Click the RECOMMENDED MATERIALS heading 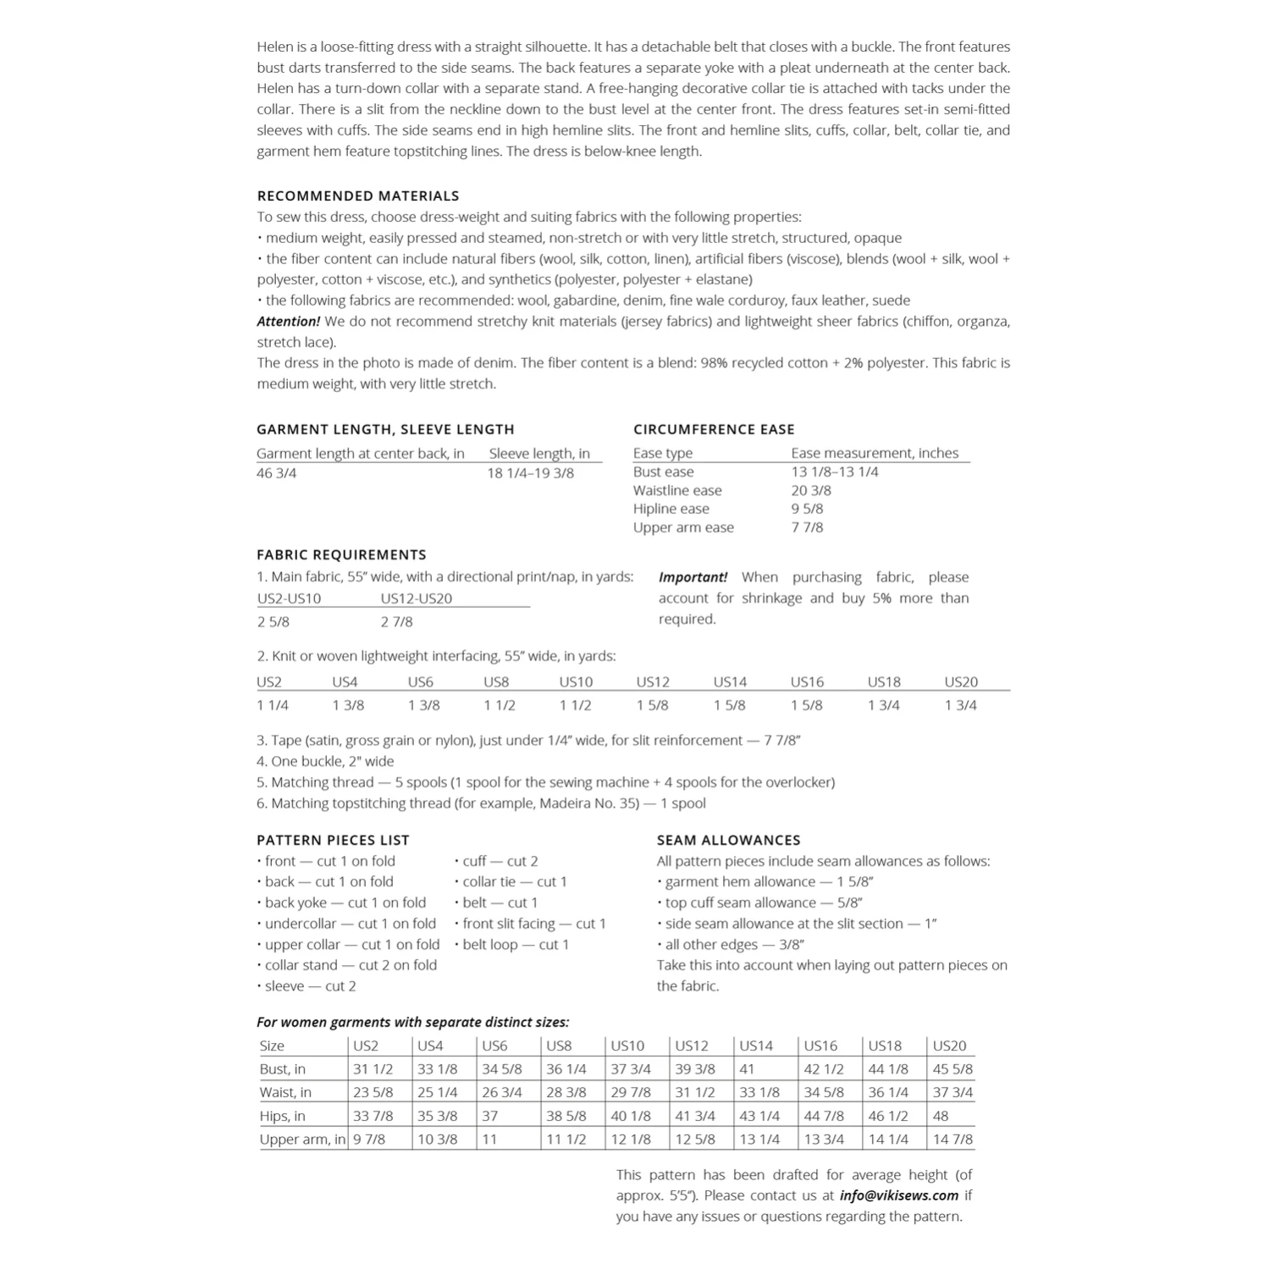[x=357, y=196]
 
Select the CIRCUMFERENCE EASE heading [x=714, y=429]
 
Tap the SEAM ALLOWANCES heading [x=728, y=840]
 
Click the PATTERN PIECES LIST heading [x=333, y=840]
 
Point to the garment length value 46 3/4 [x=277, y=473]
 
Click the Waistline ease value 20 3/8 [x=811, y=490]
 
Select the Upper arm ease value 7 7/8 [x=807, y=527]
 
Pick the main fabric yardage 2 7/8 [x=396, y=621]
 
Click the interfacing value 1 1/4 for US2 [x=273, y=705]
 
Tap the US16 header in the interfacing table [x=807, y=681]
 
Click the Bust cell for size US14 [x=748, y=1069]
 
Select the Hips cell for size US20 [x=941, y=1116]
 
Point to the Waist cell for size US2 [x=373, y=1092]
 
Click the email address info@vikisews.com [x=898, y=1195]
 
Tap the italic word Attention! [x=288, y=322]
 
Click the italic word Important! [x=693, y=577]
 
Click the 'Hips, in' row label [x=282, y=1116]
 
